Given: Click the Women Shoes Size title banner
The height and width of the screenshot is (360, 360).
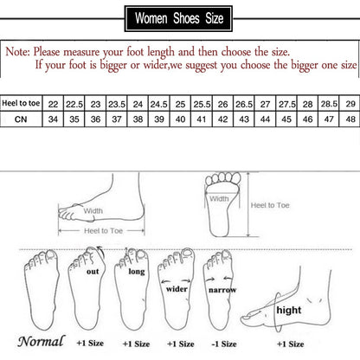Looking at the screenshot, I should tap(179, 17).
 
